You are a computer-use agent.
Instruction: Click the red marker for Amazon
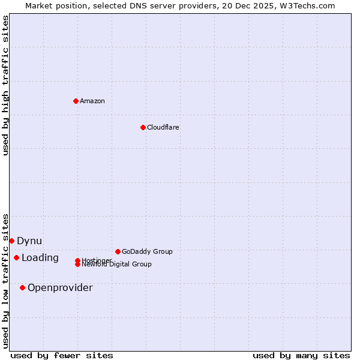tap(76, 101)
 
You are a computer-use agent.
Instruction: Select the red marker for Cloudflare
tap(143, 127)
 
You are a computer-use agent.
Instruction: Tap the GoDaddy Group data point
tap(118, 251)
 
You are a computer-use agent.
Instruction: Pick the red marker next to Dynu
tap(11, 241)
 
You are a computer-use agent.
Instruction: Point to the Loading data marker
tap(16, 257)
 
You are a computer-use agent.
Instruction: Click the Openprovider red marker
tap(22, 287)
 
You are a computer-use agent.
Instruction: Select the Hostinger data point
tap(77, 260)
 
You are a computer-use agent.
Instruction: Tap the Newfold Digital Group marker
tap(77, 264)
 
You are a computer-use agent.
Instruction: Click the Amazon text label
tap(92, 101)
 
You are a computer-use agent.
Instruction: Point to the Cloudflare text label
tap(163, 127)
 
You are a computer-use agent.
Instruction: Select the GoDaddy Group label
tap(147, 251)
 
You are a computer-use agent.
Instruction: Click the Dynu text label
tap(29, 241)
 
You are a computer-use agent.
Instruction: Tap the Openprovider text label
tap(60, 287)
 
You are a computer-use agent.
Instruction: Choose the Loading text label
tap(40, 257)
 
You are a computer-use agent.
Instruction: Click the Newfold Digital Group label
tap(116, 265)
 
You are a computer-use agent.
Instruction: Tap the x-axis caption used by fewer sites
tap(62, 355)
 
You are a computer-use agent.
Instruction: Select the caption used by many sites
tap(301, 355)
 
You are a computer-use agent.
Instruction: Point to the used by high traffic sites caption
tap(5, 85)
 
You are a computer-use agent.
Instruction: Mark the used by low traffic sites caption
tap(5, 280)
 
